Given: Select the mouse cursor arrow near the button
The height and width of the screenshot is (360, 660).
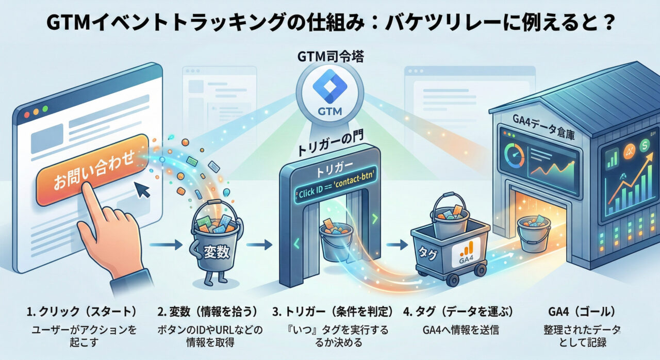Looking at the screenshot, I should click(x=143, y=191).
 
